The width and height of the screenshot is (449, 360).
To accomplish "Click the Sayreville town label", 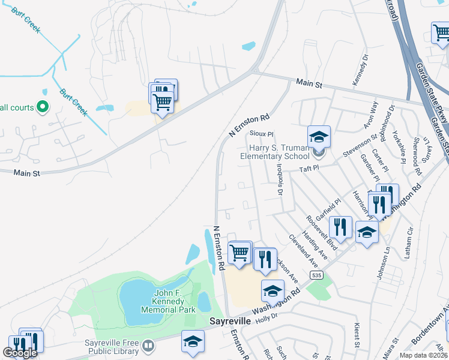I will (x=229, y=322).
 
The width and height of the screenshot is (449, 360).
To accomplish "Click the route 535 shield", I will (x=316, y=275).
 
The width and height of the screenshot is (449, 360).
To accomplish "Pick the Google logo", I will (x=20, y=353).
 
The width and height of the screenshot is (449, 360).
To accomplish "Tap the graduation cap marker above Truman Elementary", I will (x=319, y=137).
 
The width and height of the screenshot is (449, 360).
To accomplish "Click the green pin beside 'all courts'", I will (x=43, y=107).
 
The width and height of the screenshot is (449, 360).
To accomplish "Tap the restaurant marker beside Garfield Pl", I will (x=340, y=227).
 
